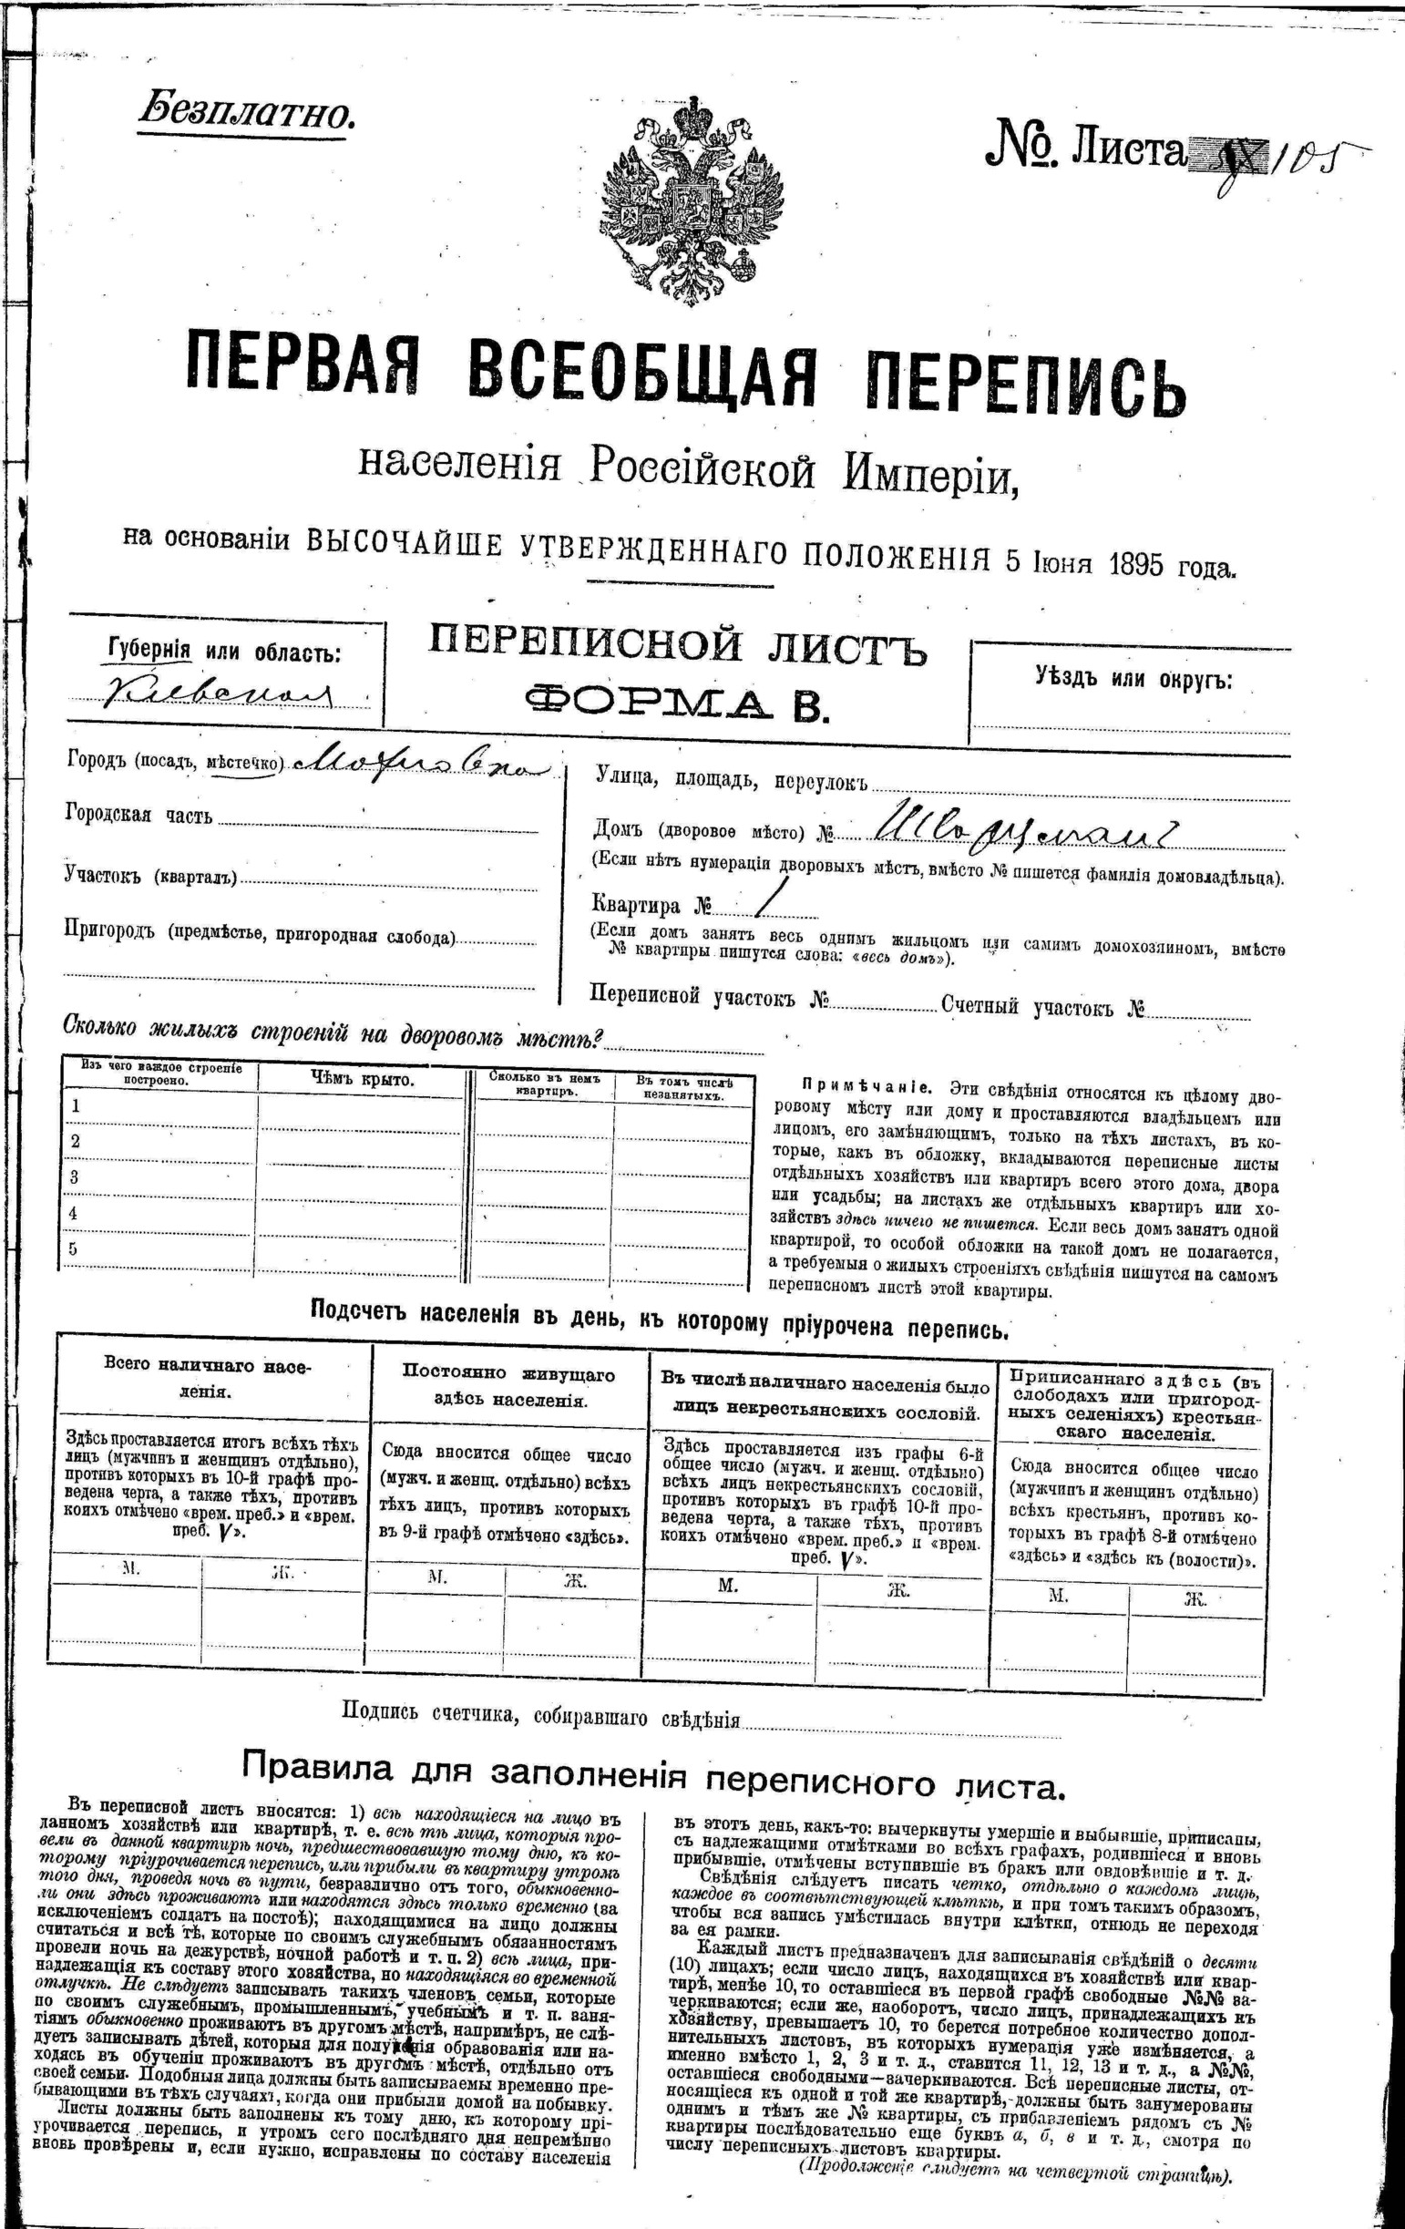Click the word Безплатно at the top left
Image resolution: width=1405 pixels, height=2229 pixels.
[246, 113]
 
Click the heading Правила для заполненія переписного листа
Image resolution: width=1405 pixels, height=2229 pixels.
[653, 1772]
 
